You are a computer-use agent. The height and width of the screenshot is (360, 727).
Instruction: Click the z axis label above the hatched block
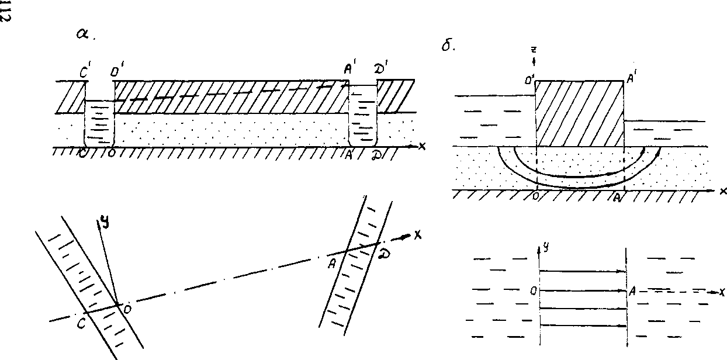[534, 51]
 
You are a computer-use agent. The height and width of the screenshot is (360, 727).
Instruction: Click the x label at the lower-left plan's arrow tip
[417, 235]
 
